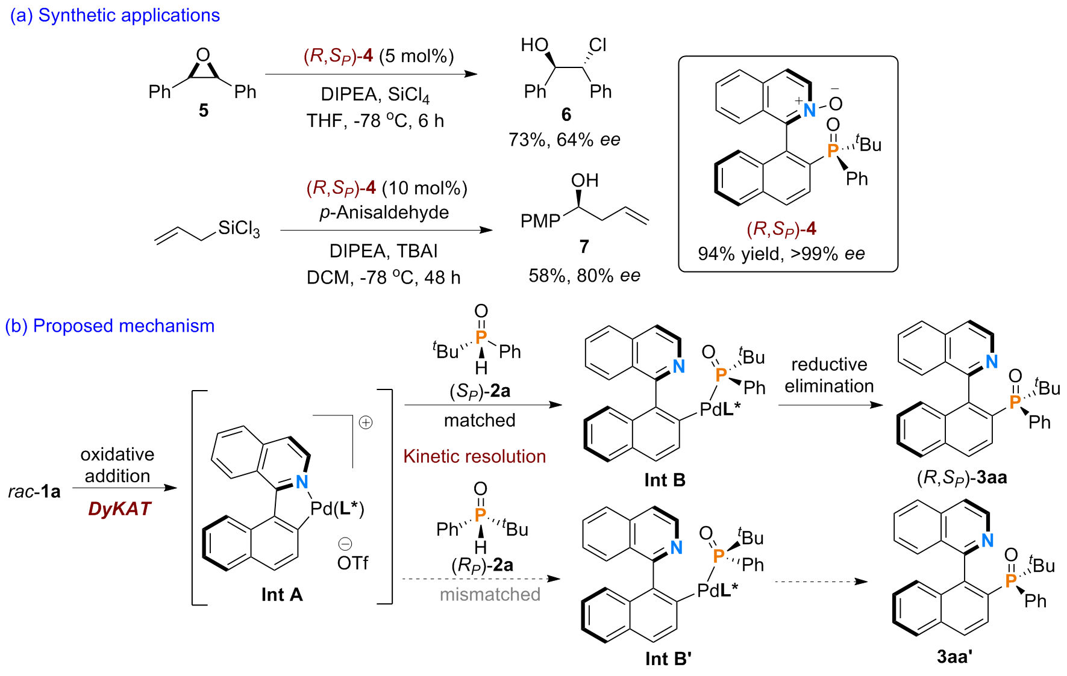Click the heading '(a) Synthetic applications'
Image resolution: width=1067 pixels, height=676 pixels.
pos(114,15)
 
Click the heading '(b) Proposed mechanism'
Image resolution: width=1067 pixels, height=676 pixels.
pos(110,326)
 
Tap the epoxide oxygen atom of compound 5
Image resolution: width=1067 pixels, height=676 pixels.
pos(204,55)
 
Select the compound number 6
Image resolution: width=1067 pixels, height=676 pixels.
pos(566,114)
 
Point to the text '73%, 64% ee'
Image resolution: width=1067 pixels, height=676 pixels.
pos(564,140)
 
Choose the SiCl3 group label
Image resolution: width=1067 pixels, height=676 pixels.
pos(239,229)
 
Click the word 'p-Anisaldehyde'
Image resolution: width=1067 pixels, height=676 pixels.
pos(384,212)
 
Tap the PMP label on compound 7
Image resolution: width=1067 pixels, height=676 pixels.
pos(540,222)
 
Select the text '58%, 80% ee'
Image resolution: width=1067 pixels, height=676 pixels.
pos(584,276)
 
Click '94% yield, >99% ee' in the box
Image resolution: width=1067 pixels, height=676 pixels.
pos(781,254)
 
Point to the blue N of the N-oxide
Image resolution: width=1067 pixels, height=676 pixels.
pos(809,110)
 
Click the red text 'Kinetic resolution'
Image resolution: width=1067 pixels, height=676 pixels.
pos(474,456)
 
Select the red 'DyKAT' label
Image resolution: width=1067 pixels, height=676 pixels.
pos(119,509)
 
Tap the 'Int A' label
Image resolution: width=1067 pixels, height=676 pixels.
pos(282,595)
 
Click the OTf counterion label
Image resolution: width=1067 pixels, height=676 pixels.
pos(352,563)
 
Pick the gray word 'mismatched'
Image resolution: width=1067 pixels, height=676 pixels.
pos(490,595)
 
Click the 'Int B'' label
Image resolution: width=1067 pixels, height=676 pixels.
pos(668,659)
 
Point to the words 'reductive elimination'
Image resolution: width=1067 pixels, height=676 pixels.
pos(829,375)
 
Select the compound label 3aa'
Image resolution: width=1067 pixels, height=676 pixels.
pos(955,656)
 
